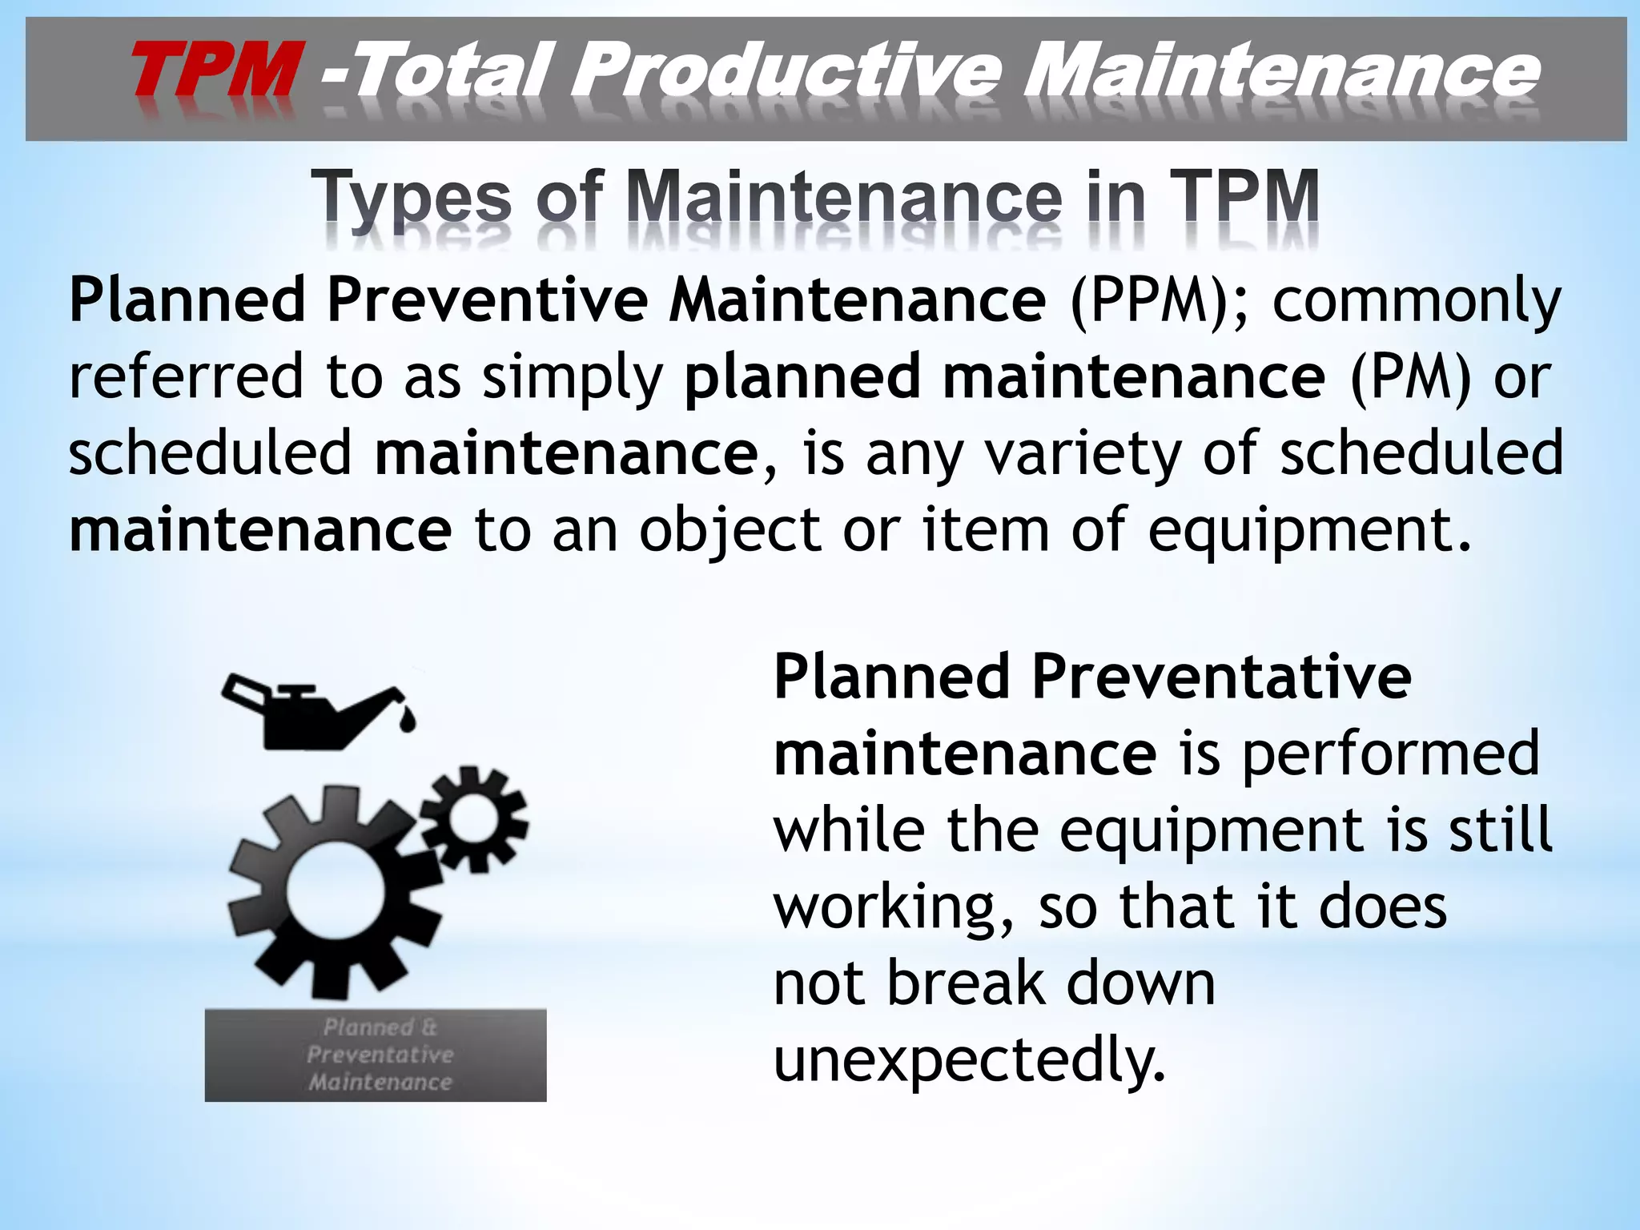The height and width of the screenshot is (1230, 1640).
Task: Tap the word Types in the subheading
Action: point(412,198)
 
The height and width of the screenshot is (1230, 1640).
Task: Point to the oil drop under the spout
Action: point(408,720)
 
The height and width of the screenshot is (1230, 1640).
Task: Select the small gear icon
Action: point(473,817)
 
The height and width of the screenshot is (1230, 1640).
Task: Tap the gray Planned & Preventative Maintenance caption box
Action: point(376,1055)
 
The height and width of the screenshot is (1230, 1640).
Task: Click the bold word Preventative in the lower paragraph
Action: point(1221,677)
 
